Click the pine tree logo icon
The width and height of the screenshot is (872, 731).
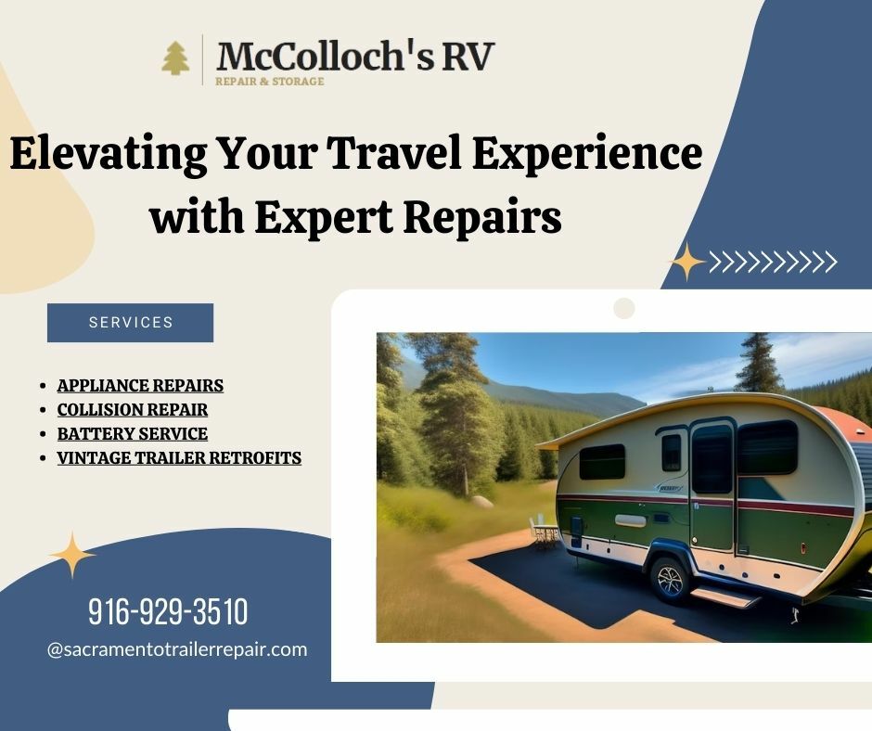(x=174, y=58)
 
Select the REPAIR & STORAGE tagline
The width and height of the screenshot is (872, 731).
(x=269, y=82)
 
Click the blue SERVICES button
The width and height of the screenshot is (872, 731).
(x=130, y=323)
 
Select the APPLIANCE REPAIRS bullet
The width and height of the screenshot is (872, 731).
(x=140, y=385)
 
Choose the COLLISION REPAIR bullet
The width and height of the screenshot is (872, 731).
(x=132, y=409)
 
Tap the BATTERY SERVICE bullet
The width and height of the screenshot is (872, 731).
(x=132, y=433)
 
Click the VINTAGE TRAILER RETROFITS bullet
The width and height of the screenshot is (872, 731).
(x=179, y=457)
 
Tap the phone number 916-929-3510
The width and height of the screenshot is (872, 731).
(x=168, y=612)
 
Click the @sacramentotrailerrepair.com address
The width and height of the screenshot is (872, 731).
(x=176, y=649)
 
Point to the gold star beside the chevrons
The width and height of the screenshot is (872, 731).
(x=687, y=262)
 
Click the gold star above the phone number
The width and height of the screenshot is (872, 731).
(x=72, y=555)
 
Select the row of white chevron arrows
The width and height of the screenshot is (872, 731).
(x=774, y=263)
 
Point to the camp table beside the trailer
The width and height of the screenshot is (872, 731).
(x=545, y=532)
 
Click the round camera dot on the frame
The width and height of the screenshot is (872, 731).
(x=624, y=308)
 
